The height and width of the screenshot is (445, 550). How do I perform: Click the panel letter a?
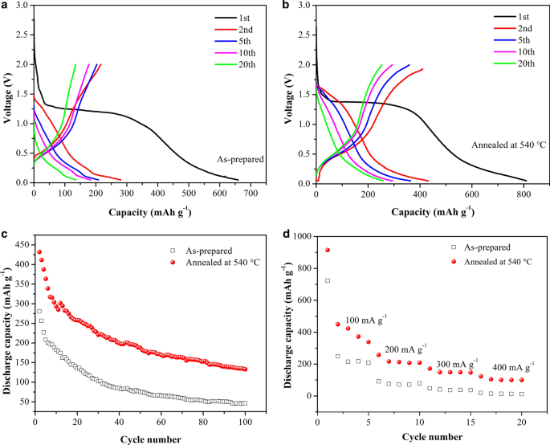[6, 6]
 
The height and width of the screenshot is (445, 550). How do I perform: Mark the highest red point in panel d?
[328, 250]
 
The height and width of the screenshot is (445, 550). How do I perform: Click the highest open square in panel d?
[328, 280]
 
